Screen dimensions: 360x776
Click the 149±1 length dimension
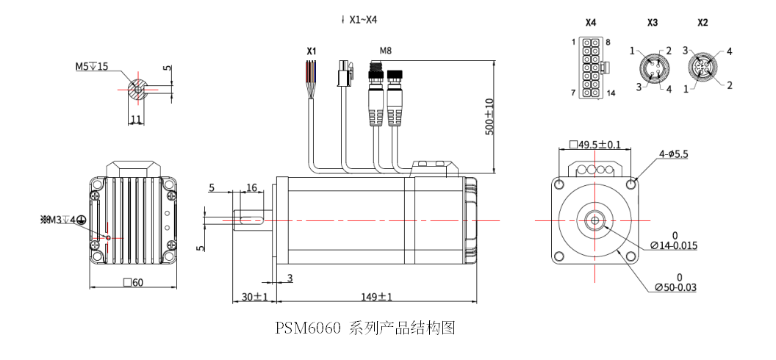(377, 297)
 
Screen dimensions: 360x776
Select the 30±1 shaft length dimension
(254, 297)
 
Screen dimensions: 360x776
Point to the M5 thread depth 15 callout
(91, 66)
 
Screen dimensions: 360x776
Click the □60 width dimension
(133, 283)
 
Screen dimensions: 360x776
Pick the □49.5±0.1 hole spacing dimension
(594, 144)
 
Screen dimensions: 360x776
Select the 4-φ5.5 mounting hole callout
(673, 154)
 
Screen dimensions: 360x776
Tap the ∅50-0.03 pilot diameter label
(675, 287)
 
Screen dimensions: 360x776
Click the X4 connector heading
(590, 23)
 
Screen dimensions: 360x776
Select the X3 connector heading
(652, 23)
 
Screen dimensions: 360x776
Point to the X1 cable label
(312, 51)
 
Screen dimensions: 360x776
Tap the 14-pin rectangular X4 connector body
(590, 68)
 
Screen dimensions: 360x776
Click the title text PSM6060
(308, 328)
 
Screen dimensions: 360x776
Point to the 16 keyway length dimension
(251, 188)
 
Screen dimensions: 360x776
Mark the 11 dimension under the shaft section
(136, 118)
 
